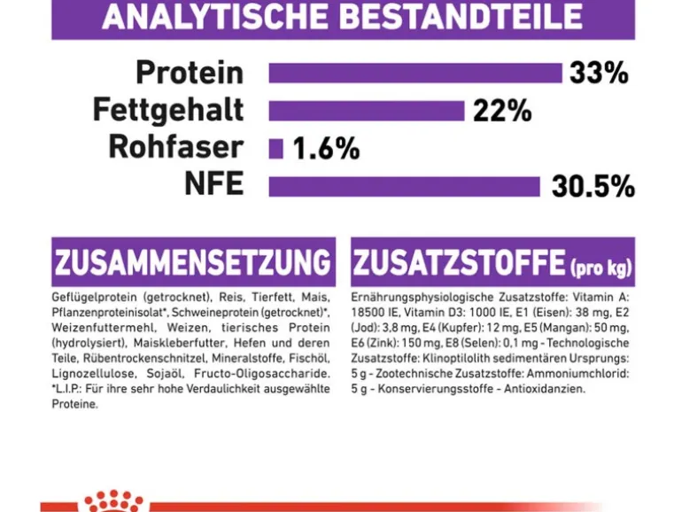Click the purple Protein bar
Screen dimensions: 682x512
click(415, 74)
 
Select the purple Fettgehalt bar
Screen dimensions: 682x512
click(367, 111)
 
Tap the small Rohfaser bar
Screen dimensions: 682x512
click(275, 149)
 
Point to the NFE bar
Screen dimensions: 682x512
click(405, 187)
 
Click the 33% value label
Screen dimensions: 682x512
click(599, 73)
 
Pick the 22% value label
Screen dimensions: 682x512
click(502, 111)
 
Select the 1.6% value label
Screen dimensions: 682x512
click(326, 148)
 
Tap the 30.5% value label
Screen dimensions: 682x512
click(593, 187)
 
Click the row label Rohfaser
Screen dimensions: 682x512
click(175, 147)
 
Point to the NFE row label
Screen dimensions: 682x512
click(214, 184)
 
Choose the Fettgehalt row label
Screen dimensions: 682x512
click(168, 111)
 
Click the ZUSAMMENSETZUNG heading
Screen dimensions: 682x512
click(192, 262)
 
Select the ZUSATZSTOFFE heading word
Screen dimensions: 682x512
click(459, 262)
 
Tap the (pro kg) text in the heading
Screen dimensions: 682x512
click(601, 268)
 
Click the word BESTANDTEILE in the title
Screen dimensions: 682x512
click(461, 17)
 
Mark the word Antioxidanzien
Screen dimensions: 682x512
click(545, 389)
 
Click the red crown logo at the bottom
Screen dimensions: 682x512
click(114, 501)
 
